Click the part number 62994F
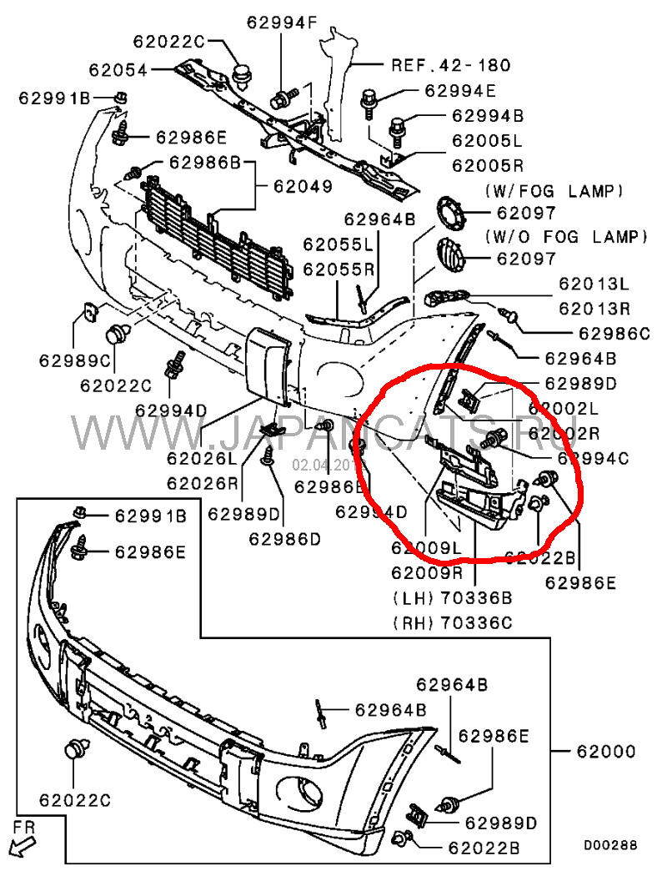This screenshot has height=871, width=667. (282, 23)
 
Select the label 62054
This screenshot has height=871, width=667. (118, 71)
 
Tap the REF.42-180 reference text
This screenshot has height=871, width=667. (451, 64)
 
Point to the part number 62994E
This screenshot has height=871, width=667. (460, 91)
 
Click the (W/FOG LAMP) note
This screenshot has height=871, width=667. (553, 192)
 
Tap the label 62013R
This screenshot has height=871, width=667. (594, 308)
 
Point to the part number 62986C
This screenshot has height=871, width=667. (614, 334)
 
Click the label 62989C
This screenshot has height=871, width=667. (73, 360)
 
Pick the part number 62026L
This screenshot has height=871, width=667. (202, 458)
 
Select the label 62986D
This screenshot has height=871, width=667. (284, 539)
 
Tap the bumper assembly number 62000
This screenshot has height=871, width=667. (605, 752)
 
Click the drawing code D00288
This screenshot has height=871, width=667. (609, 845)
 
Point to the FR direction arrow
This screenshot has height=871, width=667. (24, 838)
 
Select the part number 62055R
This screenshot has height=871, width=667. (339, 269)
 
